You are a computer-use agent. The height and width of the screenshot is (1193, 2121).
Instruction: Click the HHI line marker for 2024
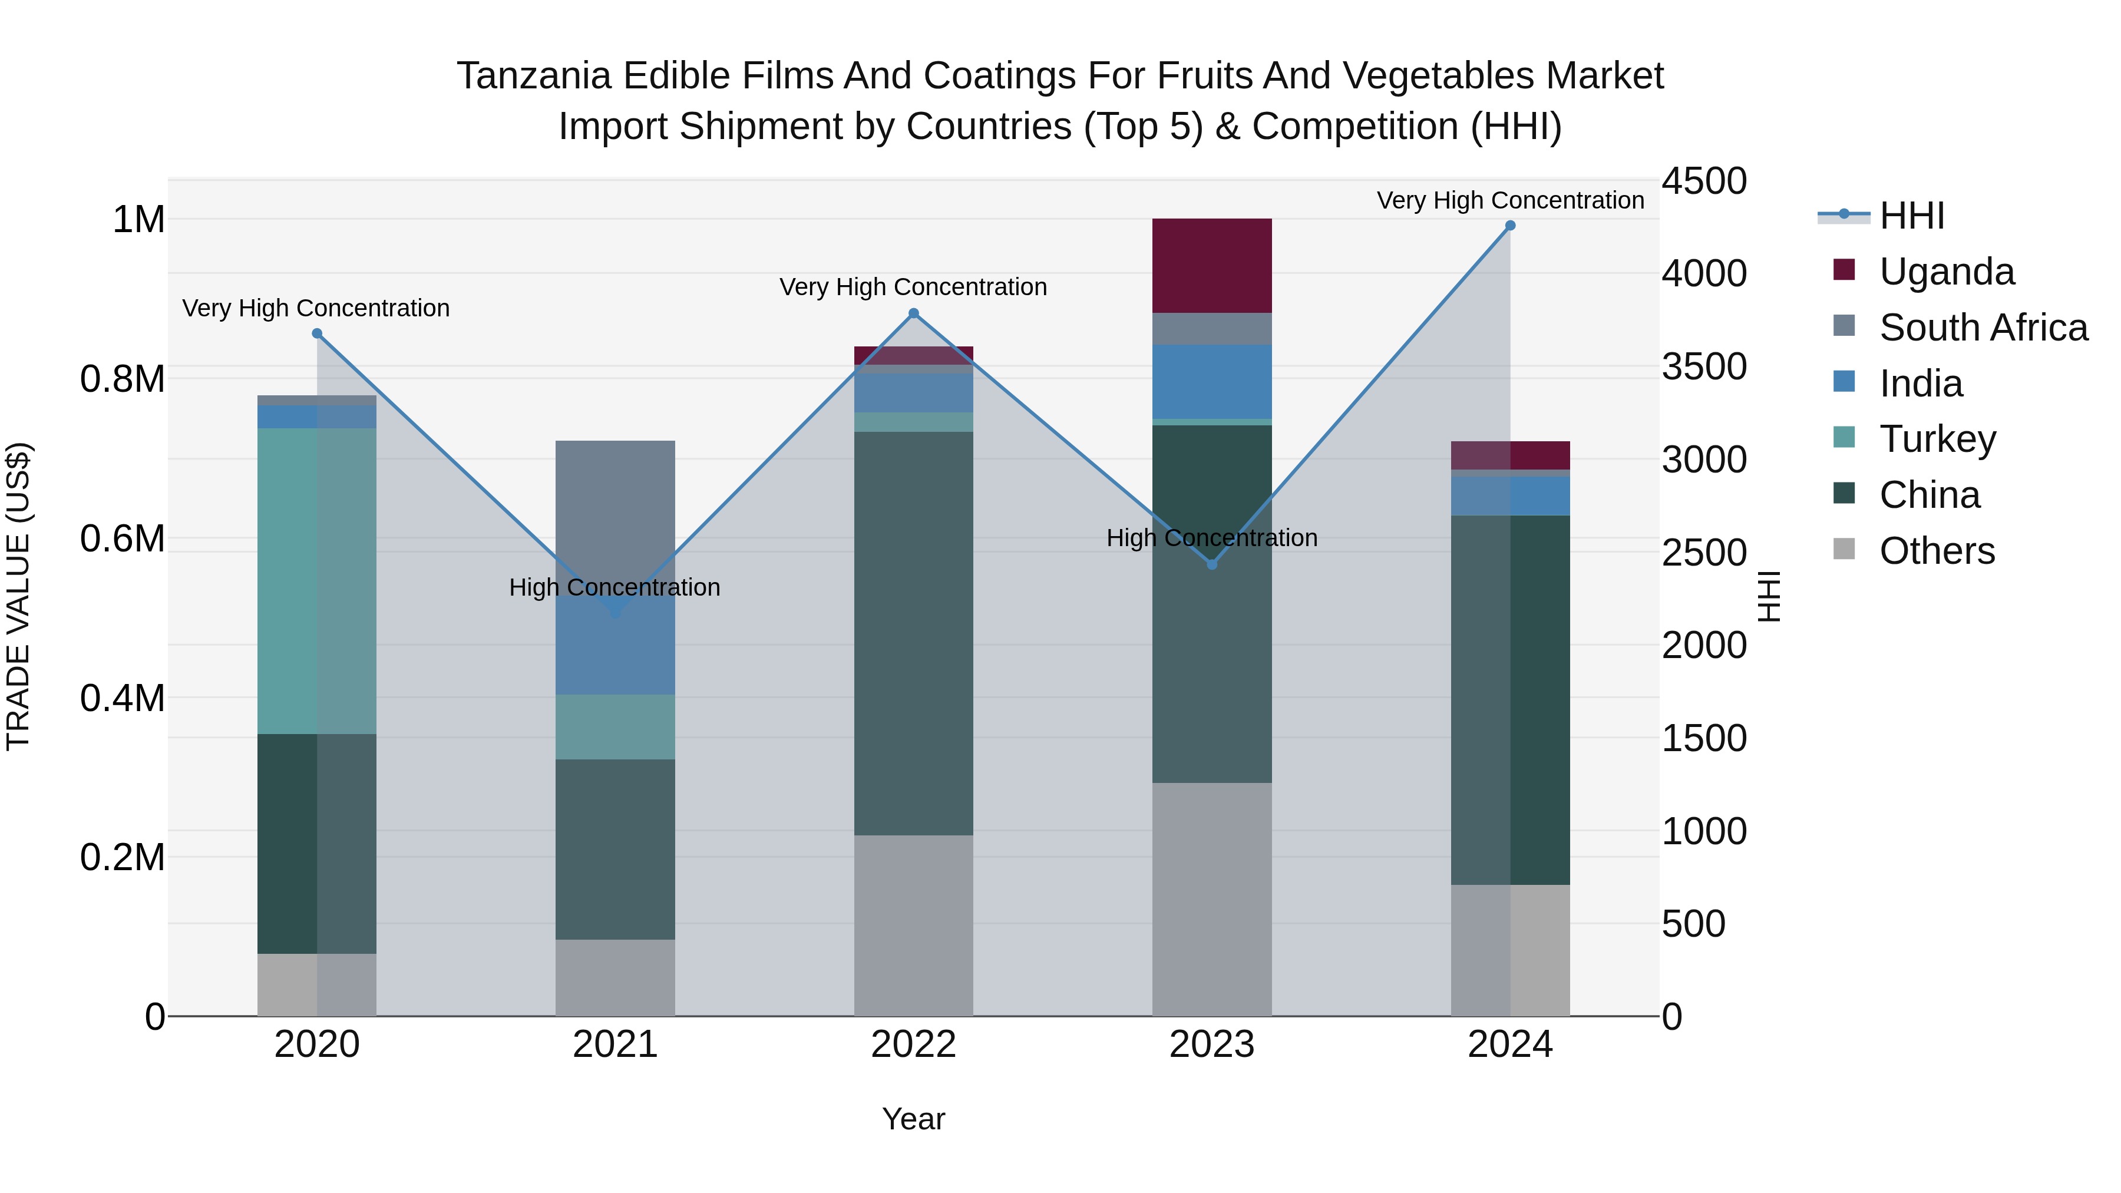tap(1510, 226)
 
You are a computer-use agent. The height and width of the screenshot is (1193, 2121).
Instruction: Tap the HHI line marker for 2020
tap(317, 333)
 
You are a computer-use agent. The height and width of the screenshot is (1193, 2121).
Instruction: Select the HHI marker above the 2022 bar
tap(913, 313)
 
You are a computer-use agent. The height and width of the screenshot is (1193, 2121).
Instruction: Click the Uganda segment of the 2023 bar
tap(1211, 265)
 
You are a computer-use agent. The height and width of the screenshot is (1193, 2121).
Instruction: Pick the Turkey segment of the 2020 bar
tap(317, 580)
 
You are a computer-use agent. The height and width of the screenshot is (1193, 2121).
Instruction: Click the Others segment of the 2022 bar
tap(913, 926)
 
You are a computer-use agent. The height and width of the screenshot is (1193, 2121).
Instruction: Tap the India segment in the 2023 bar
tap(1211, 381)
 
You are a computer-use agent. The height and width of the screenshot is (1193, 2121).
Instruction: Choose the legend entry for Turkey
tap(1937, 439)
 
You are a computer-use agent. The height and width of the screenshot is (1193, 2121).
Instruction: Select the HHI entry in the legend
tap(1911, 216)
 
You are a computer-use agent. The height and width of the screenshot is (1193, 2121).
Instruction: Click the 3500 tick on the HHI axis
tap(1703, 366)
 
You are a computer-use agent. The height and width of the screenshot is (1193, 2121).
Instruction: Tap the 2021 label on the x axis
tap(615, 1045)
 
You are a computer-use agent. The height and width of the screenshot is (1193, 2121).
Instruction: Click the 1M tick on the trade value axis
tap(138, 220)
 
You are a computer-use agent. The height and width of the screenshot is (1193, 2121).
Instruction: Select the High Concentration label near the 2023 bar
tap(1211, 538)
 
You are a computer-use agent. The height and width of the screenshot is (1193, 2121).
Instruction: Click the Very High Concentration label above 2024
tap(1510, 200)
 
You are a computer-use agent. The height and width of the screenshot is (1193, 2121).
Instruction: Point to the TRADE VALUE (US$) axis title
tap(18, 596)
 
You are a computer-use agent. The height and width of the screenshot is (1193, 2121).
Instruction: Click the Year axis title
tap(913, 1119)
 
